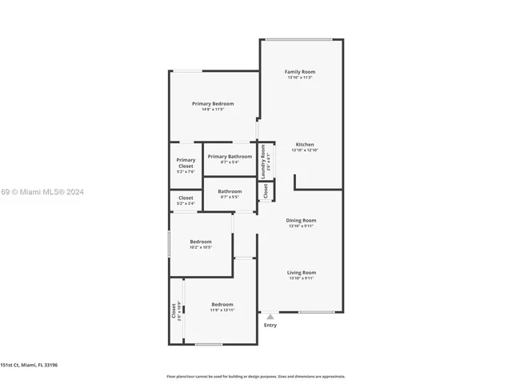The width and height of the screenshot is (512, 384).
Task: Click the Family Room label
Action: (x=300, y=72)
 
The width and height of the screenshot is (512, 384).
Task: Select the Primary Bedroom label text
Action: (x=213, y=104)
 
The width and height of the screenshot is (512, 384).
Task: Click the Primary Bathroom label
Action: (x=230, y=157)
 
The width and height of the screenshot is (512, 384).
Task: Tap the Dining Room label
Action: (x=302, y=220)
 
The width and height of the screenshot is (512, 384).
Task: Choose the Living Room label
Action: (x=302, y=273)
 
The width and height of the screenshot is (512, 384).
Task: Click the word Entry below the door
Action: (x=270, y=325)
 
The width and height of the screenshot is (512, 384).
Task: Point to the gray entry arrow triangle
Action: (x=270, y=317)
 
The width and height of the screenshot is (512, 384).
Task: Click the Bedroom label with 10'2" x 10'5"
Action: (x=201, y=242)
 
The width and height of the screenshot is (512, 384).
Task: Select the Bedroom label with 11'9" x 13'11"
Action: (x=222, y=304)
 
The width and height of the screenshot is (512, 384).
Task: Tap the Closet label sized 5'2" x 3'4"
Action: (x=186, y=198)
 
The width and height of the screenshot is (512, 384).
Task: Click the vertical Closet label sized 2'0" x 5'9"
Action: (x=174, y=310)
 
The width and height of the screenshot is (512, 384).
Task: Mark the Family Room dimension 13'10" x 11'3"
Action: (x=300, y=78)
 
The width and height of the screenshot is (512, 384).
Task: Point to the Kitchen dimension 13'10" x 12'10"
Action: (x=305, y=150)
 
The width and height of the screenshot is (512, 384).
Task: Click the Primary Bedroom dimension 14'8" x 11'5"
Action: (x=213, y=110)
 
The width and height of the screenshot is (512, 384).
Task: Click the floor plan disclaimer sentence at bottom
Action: (x=256, y=376)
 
